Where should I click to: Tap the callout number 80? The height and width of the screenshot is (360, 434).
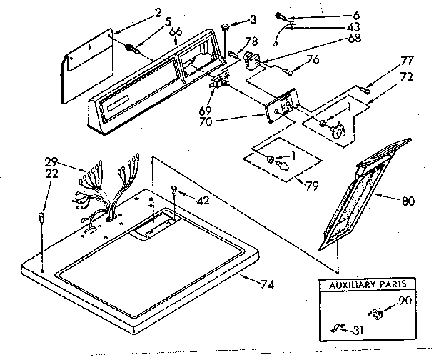click(x=408, y=201)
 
